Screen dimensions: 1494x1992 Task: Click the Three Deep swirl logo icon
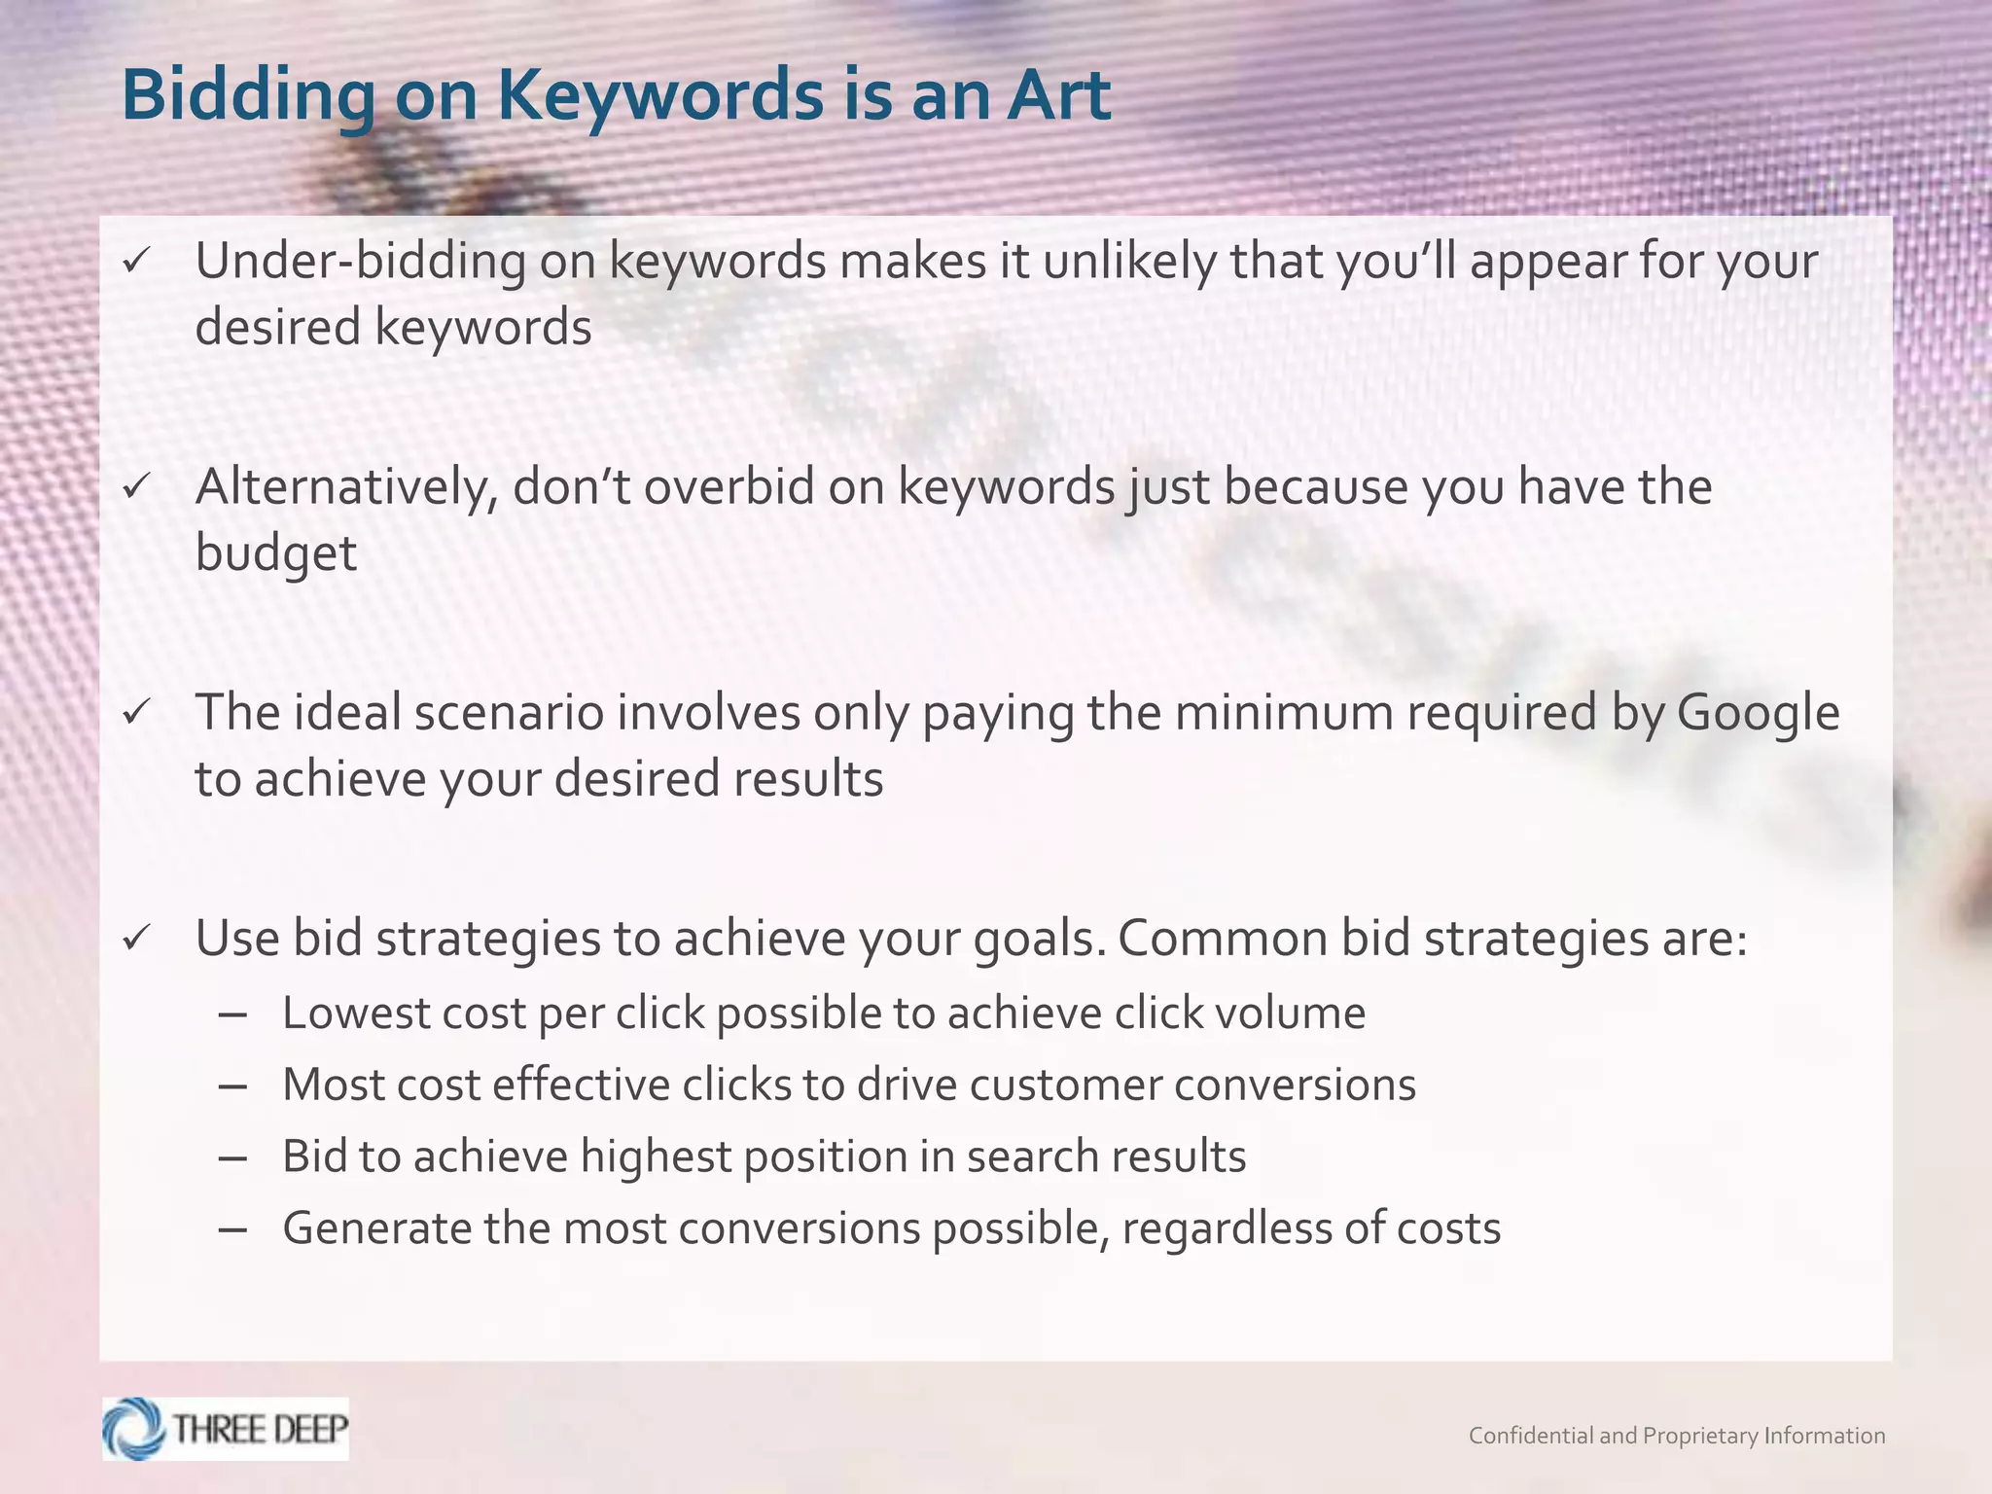click(134, 1429)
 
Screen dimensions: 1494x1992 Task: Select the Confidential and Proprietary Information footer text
click(1676, 1436)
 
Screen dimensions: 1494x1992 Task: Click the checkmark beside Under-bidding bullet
click(135, 261)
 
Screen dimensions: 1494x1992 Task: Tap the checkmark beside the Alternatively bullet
click(135, 486)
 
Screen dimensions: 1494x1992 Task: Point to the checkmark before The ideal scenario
click(135, 712)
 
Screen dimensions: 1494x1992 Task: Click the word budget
click(276, 554)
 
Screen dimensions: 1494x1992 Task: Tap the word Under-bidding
click(360, 262)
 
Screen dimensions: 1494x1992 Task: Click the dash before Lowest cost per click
click(233, 1014)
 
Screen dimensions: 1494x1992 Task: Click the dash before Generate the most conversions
click(233, 1229)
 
